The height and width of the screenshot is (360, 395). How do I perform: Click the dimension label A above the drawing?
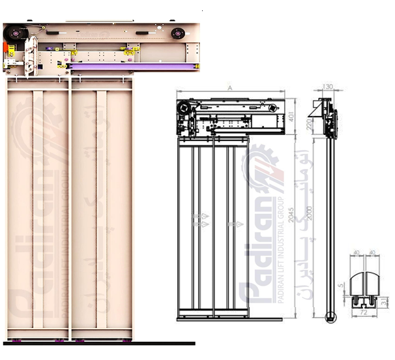(x=229, y=87)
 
